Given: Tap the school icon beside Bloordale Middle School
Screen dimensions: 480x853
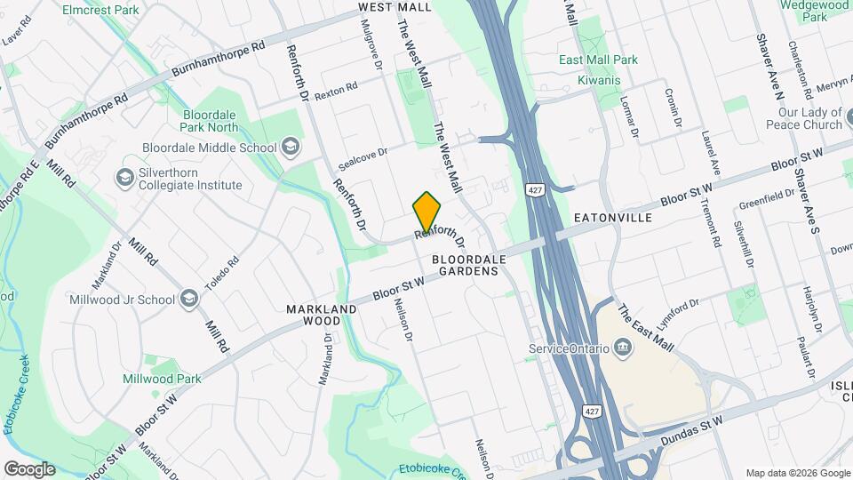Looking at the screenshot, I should pyautogui.click(x=291, y=148).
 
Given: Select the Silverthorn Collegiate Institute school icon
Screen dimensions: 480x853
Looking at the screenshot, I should pyautogui.click(x=124, y=178).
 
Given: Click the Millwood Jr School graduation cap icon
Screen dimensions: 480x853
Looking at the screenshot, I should pyautogui.click(x=189, y=299).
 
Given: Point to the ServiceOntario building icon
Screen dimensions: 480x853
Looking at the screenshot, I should pyautogui.click(x=623, y=348).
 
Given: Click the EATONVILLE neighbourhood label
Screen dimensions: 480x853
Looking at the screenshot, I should pyautogui.click(x=613, y=218).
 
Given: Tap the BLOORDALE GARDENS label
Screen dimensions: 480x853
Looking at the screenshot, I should pyautogui.click(x=469, y=265).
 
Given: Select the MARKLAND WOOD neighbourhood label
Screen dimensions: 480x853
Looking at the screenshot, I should pyautogui.click(x=322, y=315).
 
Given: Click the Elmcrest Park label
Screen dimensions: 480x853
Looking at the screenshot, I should pyautogui.click(x=100, y=10).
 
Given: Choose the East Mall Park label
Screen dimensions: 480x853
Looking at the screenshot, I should pyautogui.click(x=598, y=60).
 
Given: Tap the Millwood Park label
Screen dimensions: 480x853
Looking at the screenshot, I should pyautogui.click(x=162, y=379).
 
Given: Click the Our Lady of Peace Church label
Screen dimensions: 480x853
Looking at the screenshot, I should pyautogui.click(x=809, y=118).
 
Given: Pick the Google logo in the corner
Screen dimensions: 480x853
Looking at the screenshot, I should pyautogui.click(x=28, y=468).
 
